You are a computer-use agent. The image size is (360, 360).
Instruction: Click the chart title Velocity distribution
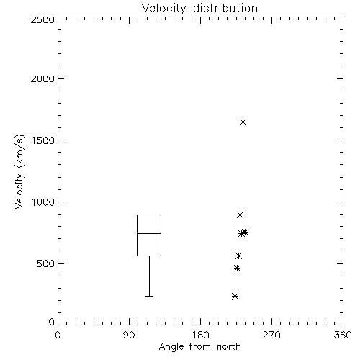pos(199,8)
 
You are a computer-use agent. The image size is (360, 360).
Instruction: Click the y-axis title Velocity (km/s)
pos(19,171)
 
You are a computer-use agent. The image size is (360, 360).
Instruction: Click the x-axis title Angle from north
pos(199,347)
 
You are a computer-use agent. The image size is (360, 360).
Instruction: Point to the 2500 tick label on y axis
pos(42,19)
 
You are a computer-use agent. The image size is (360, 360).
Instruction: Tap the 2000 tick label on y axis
pos(42,78)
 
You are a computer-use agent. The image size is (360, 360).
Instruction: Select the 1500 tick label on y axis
pos(43,140)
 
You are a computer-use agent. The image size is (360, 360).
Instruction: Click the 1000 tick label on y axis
pos(43,202)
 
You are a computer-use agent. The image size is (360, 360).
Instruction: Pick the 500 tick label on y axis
pos(45,264)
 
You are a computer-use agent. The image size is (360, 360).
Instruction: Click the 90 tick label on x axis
pos(129,335)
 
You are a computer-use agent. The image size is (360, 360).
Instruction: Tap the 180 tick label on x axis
pos(200,335)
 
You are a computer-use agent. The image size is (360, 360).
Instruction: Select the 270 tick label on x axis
pos(271,335)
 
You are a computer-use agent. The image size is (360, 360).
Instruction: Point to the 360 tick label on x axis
pos(343,335)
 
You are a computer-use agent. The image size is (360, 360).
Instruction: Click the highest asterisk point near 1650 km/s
pos(243,122)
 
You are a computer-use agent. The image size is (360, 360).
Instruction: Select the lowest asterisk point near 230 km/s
pos(235,297)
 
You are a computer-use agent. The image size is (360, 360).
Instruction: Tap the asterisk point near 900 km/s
pos(240,215)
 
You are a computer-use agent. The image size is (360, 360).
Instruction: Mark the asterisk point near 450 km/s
pos(237,269)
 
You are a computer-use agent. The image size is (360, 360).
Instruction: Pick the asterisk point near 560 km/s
pos(238,256)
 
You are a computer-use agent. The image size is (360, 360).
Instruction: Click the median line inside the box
pos(149,233)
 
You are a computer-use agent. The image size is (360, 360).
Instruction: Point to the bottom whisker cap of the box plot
pos(149,297)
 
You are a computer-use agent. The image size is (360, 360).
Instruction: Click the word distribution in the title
pos(225,8)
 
